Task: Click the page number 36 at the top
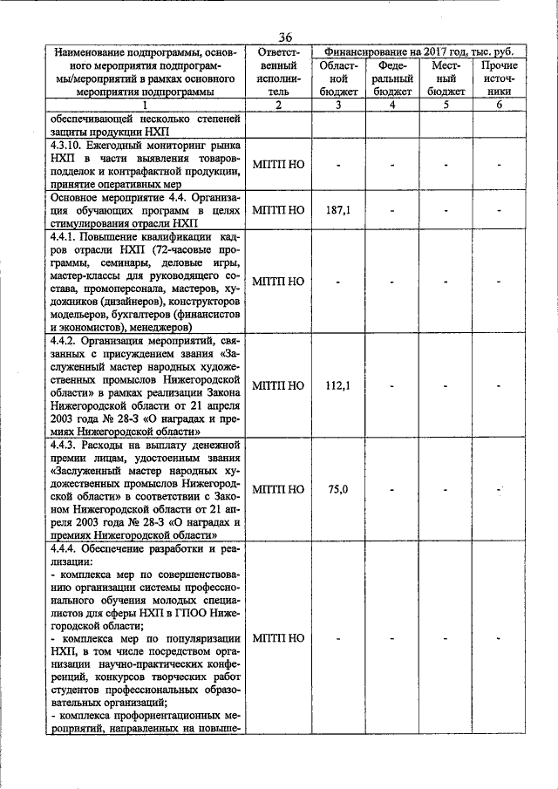(x=285, y=37)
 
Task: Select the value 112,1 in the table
(x=332, y=385)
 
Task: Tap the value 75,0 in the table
(x=332, y=490)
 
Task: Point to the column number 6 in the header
(x=499, y=105)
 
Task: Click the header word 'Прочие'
(x=499, y=65)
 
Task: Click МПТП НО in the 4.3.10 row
(x=277, y=164)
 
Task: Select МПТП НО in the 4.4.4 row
(x=277, y=638)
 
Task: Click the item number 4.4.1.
(x=65, y=237)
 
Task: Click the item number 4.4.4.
(x=65, y=549)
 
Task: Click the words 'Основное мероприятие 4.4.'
(x=119, y=197)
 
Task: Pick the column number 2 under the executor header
(x=277, y=105)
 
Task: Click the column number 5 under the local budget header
(x=446, y=105)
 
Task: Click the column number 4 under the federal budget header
(x=391, y=105)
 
